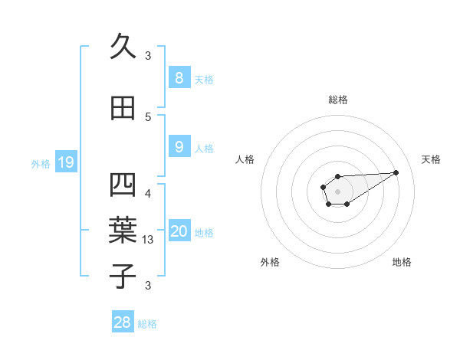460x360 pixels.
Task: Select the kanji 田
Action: pyautogui.click(x=123, y=108)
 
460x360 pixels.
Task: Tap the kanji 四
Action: pyautogui.click(x=123, y=186)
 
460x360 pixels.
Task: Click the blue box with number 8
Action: pyautogui.click(x=179, y=78)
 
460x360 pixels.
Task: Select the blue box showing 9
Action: pyautogui.click(x=179, y=147)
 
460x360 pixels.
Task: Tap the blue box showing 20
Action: pyautogui.click(x=179, y=232)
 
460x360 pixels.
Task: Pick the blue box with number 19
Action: pyautogui.click(x=65, y=162)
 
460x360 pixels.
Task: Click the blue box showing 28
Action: pyautogui.click(x=123, y=322)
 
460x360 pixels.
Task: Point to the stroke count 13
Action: pyautogui.click(x=149, y=241)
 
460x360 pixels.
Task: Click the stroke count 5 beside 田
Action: pyautogui.click(x=148, y=116)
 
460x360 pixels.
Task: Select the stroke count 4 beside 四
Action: pyautogui.click(x=148, y=194)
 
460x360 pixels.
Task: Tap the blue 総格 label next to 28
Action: pyautogui.click(x=148, y=324)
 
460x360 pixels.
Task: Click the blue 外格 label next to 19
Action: pyautogui.click(x=41, y=163)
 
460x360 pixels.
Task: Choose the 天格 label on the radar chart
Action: pyautogui.click(x=431, y=159)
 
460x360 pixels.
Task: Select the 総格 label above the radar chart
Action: pyautogui.click(x=338, y=100)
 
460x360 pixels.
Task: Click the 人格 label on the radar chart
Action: pyautogui.click(x=245, y=159)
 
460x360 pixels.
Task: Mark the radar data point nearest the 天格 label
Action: pyautogui.click(x=396, y=172)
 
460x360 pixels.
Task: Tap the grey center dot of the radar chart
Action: pyautogui.click(x=337, y=191)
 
